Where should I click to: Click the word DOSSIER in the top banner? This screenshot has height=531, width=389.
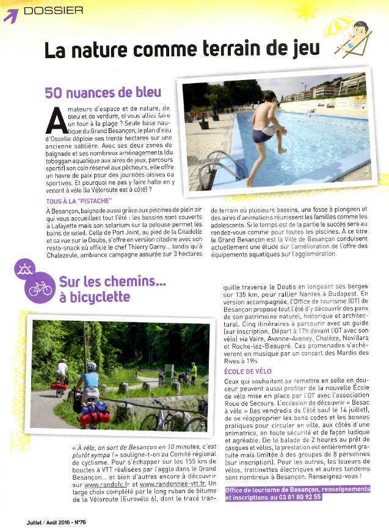pyautogui.click(x=53, y=10)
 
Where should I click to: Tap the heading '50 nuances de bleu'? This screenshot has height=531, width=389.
pyautogui.click(x=103, y=92)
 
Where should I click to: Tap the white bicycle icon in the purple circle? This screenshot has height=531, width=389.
pyautogui.click(x=40, y=289)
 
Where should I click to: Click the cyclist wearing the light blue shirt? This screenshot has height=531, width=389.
pyautogui.click(x=91, y=380)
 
